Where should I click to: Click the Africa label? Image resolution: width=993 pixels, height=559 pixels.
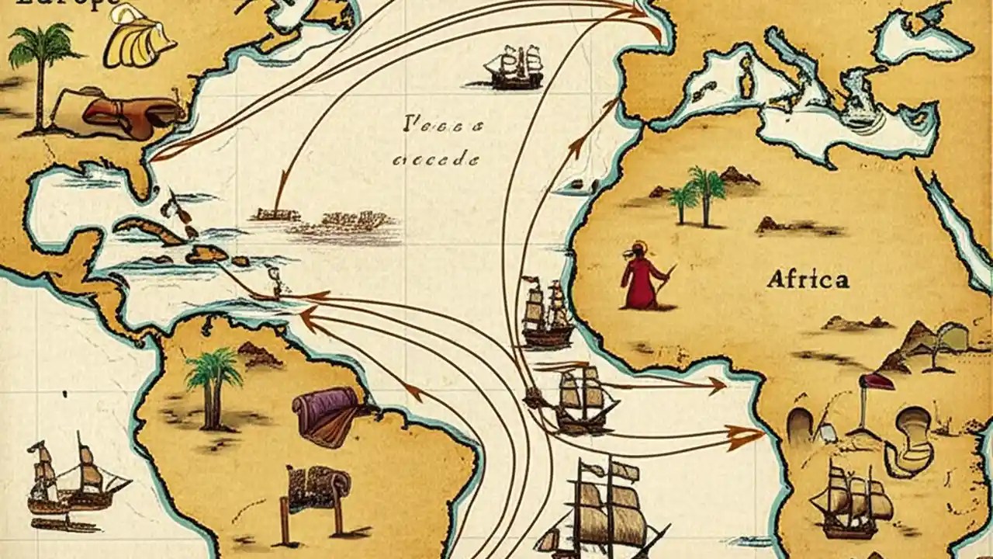[807, 279]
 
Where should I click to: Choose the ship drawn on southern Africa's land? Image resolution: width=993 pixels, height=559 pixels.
[852, 497]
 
